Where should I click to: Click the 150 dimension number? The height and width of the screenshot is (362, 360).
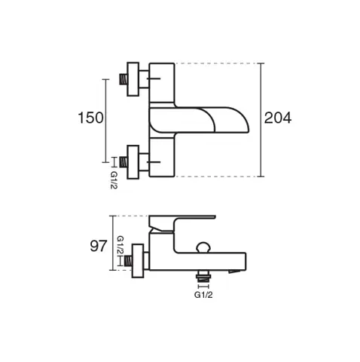tap(90, 118)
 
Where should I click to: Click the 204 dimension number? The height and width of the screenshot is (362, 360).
tap(278, 118)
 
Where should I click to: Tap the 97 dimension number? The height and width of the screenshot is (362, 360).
tap(99, 246)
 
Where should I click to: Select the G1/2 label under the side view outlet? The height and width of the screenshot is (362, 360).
tap(203, 295)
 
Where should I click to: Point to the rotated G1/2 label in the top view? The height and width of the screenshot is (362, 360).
tap(114, 180)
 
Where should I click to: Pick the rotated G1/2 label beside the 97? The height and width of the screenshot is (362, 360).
tap(121, 245)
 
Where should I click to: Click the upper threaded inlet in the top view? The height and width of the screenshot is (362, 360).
tap(123, 79)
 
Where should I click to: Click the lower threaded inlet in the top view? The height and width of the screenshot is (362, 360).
tap(123, 162)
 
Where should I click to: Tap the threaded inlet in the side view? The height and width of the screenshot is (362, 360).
tap(128, 261)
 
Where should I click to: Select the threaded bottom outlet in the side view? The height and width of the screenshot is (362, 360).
tap(203, 276)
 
